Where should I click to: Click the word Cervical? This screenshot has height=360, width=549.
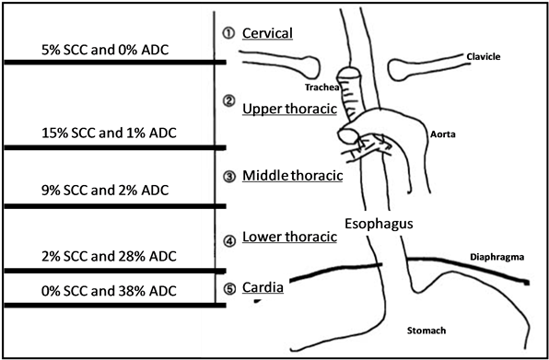(267, 34)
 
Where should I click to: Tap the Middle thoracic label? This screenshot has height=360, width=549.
(292, 176)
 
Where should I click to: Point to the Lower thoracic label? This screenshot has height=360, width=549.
(289, 238)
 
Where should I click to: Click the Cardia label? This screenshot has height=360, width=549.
(263, 288)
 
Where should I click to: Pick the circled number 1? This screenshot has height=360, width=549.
(229, 33)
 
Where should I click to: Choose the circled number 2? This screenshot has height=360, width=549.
(229, 99)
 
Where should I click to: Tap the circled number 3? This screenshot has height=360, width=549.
(229, 176)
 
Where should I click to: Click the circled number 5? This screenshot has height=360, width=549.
(229, 289)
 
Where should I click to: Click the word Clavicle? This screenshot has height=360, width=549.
(483, 57)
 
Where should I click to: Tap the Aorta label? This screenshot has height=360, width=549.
(443, 134)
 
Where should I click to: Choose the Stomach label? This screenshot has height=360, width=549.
(426, 329)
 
